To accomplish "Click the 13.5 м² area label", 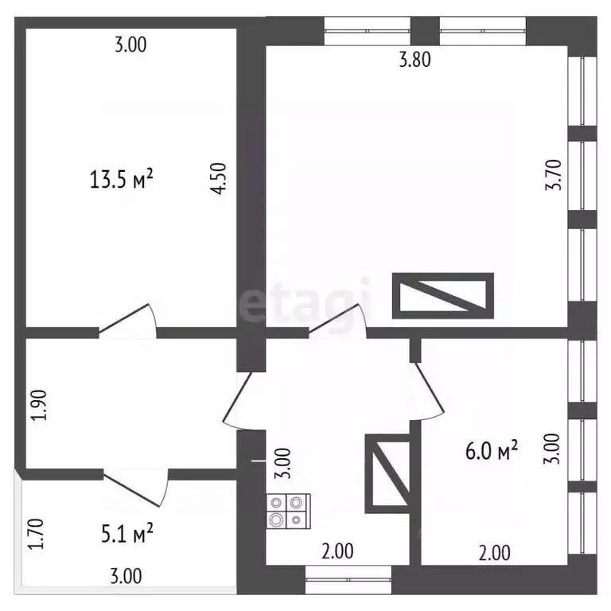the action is [121, 179].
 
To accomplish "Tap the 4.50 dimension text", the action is [218, 178].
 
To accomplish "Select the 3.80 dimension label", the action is [415, 60].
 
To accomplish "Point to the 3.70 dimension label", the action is [554, 174].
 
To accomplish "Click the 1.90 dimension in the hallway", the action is [39, 405].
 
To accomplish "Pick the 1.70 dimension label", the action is [37, 534].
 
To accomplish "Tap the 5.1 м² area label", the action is [127, 533].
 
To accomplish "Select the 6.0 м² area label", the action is [492, 450].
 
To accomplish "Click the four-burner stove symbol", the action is [288, 511].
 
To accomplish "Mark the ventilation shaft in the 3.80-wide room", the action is [443, 296].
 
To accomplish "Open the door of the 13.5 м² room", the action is [127, 319].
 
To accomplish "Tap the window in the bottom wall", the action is [348, 580].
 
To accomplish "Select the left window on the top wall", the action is [367, 31].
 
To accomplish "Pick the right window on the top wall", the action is [483, 31].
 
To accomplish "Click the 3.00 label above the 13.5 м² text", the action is [131, 45].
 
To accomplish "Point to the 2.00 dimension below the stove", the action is [337, 551].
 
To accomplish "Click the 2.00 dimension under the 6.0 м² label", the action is [495, 554].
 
